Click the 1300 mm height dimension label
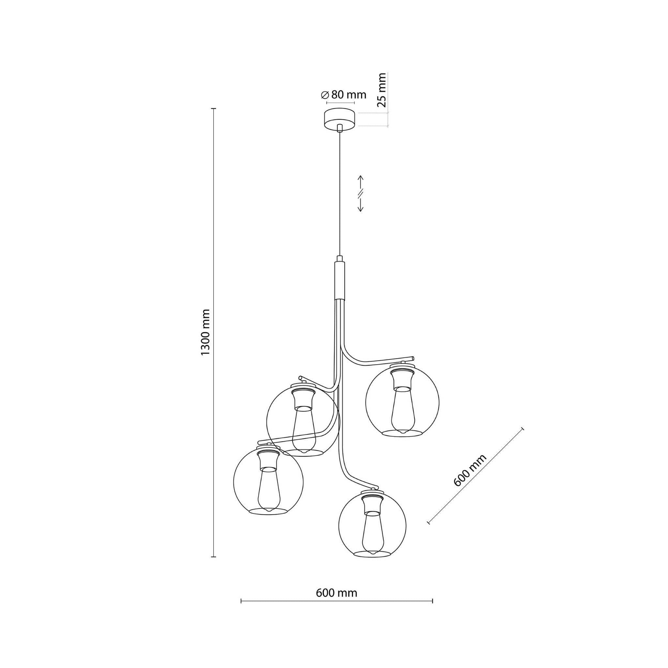click(x=205, y=332)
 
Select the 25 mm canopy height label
click(x=381, y=90)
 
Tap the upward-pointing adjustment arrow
click(x=360, y=182)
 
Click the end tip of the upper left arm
click(x=300, y=377)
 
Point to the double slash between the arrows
click(x=360, y=193)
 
